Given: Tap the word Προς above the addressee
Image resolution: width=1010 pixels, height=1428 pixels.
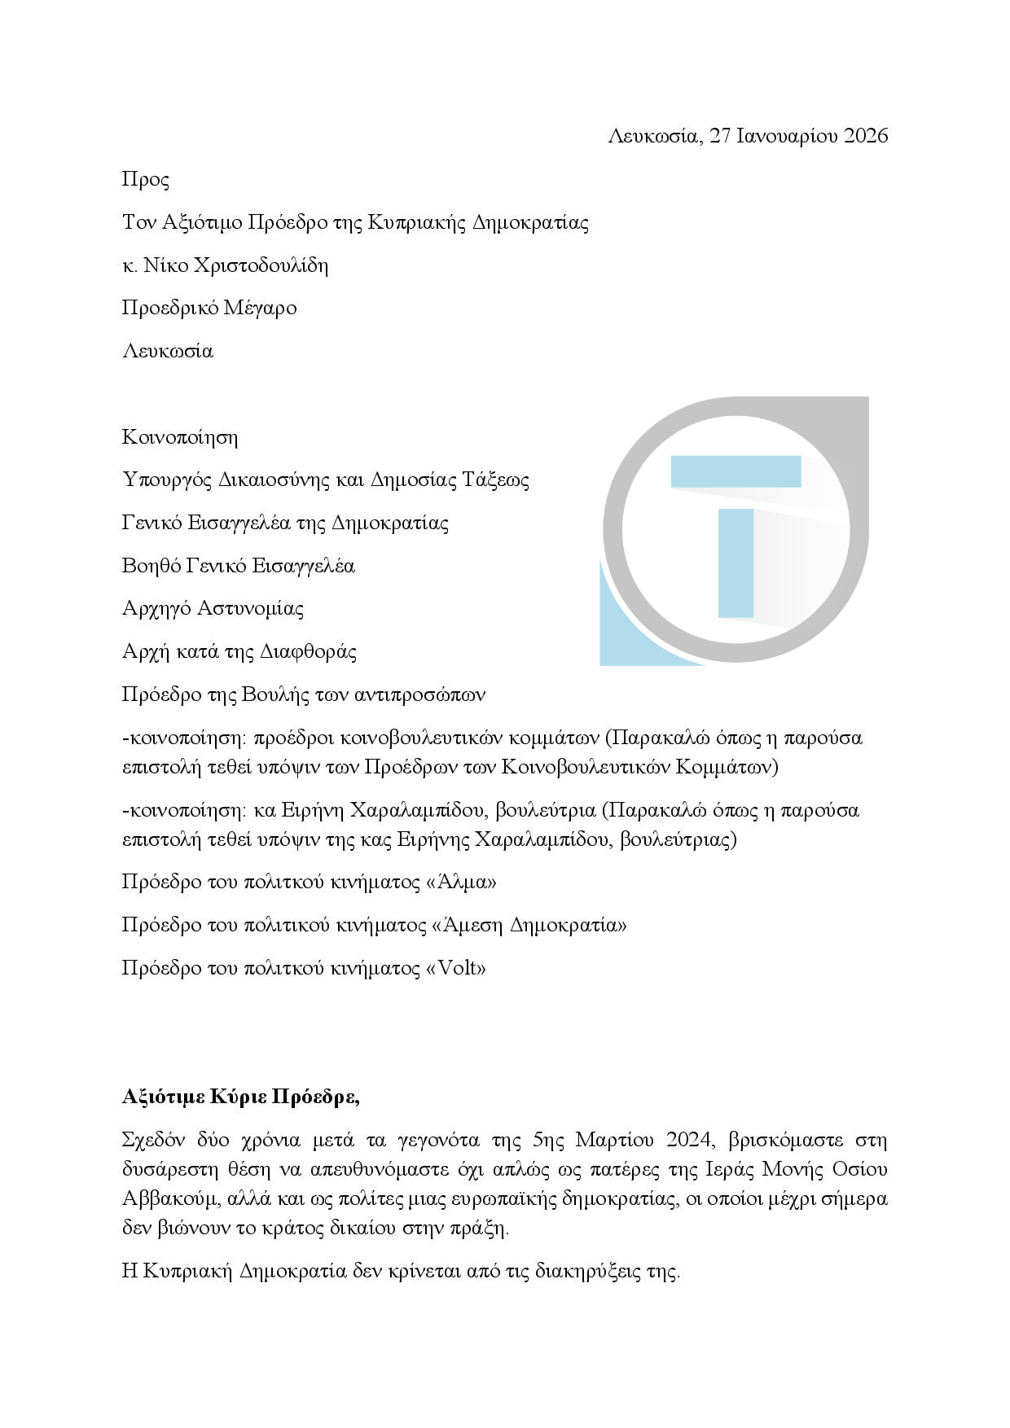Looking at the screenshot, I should (145, 179).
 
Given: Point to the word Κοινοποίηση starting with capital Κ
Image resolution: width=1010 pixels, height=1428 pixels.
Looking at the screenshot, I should (180, 437).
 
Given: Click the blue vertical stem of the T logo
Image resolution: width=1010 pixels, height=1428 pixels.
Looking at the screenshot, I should (736, 562).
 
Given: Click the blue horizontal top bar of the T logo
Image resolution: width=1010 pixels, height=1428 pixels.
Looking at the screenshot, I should (736, 471).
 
